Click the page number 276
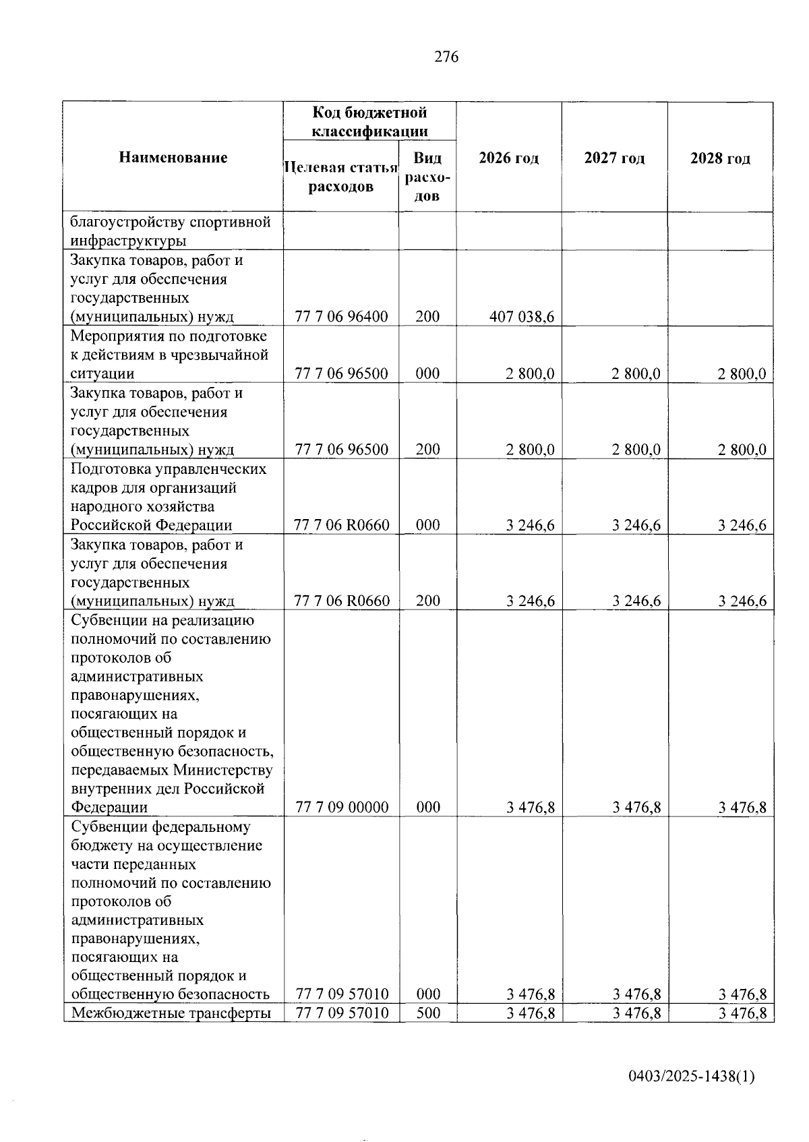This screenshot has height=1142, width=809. (x=446, y=57)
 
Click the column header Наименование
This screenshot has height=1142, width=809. (x=173, y=158)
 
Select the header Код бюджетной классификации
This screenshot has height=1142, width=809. (x=369, y=121)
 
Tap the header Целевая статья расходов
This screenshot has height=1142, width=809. (x=340, y=177)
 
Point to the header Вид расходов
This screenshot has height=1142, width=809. (x=427, y=177)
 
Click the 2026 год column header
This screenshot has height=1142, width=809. (x=509, y=158)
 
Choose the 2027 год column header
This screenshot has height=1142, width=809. (x=614, y=158)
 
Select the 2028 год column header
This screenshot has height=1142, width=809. (x=720, y=158)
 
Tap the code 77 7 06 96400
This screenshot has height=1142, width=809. (x=341, y=316)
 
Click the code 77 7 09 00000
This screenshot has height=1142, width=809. (x=341, y=807)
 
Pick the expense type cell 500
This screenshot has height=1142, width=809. (x=427, y=1013)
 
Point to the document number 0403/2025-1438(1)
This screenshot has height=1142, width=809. (x=691, y=1077)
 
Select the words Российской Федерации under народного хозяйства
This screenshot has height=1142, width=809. (x=152, y=525)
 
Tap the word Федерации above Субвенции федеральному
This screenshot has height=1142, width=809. (x=109, y=807)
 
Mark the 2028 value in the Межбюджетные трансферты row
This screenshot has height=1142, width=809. (x=742, y=1013)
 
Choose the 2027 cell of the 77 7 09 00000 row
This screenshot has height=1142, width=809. (x=636, y=807)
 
